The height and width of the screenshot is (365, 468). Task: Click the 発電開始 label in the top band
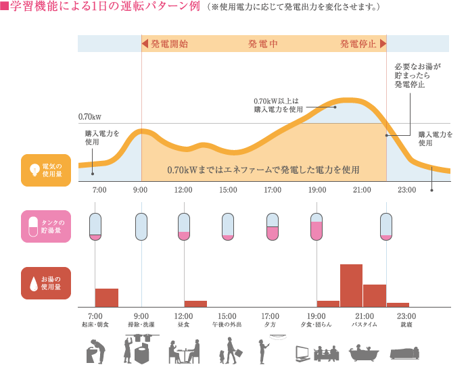point(169,44)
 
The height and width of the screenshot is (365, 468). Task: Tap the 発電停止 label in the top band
point(358,44)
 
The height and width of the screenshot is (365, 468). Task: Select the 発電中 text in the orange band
point(264,44)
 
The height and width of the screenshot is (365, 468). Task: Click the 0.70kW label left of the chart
point(90,116)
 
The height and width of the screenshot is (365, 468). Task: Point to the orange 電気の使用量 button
point(46,170)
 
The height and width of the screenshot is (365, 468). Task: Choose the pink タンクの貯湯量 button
point(46,226)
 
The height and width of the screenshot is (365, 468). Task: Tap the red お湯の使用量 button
point(46,283)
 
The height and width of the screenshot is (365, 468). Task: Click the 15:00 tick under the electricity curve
point(228,190)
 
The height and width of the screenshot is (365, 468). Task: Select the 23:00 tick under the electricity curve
point(406,190)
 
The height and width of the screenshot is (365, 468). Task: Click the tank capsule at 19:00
point(317,226)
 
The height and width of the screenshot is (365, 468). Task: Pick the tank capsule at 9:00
point(141,226)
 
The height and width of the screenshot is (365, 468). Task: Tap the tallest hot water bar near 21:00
point(351,285)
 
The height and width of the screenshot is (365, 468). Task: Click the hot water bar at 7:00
point(107,297)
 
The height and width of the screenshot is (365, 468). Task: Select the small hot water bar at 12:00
point(195,303)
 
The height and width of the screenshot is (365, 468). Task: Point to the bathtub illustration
point(365,353)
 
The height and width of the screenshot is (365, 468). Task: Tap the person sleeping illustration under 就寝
point(405,353)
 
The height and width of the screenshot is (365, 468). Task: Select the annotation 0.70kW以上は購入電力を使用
point(279,104)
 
